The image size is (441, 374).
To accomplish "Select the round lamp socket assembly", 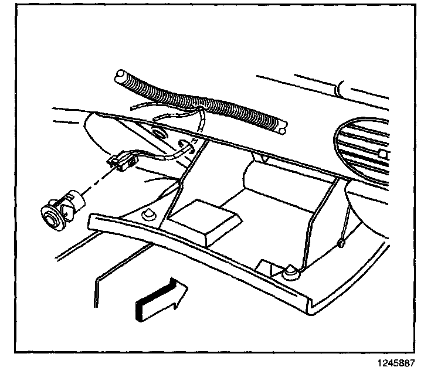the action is pyautogui.click(x=62, y=207).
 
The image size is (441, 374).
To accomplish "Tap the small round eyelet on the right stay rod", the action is pyautogui.click(x=340, y=243).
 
